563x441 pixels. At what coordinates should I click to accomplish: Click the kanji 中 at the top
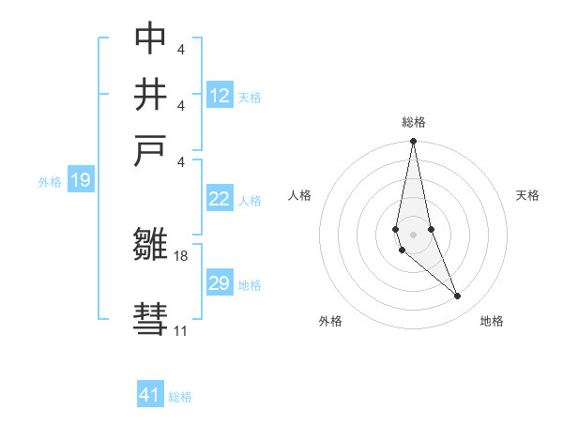pos(150,38)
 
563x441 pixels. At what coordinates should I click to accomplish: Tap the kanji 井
pos(150,95)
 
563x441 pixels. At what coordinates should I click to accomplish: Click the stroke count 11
pos(180,330)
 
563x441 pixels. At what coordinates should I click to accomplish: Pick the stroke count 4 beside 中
pos(180,48)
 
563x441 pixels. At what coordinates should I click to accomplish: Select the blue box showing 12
pos(220,95)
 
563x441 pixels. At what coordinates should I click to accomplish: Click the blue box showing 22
pos(219,199)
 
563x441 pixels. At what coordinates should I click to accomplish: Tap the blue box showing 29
pos(219,283)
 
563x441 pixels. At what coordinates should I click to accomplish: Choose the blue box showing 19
pos(81,180)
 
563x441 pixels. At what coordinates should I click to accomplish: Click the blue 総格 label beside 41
pos(180,397)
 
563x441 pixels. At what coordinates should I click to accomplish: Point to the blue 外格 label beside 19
pos(50,182)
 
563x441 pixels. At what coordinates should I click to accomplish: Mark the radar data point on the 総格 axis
pos(413,142)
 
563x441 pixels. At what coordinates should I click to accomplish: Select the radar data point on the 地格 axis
pos(458,297)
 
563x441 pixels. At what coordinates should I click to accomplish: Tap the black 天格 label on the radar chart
pos(528,195)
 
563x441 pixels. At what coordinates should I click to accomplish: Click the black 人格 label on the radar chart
pos(299,195)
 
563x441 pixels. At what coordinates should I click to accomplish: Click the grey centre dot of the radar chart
pos(413,234)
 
